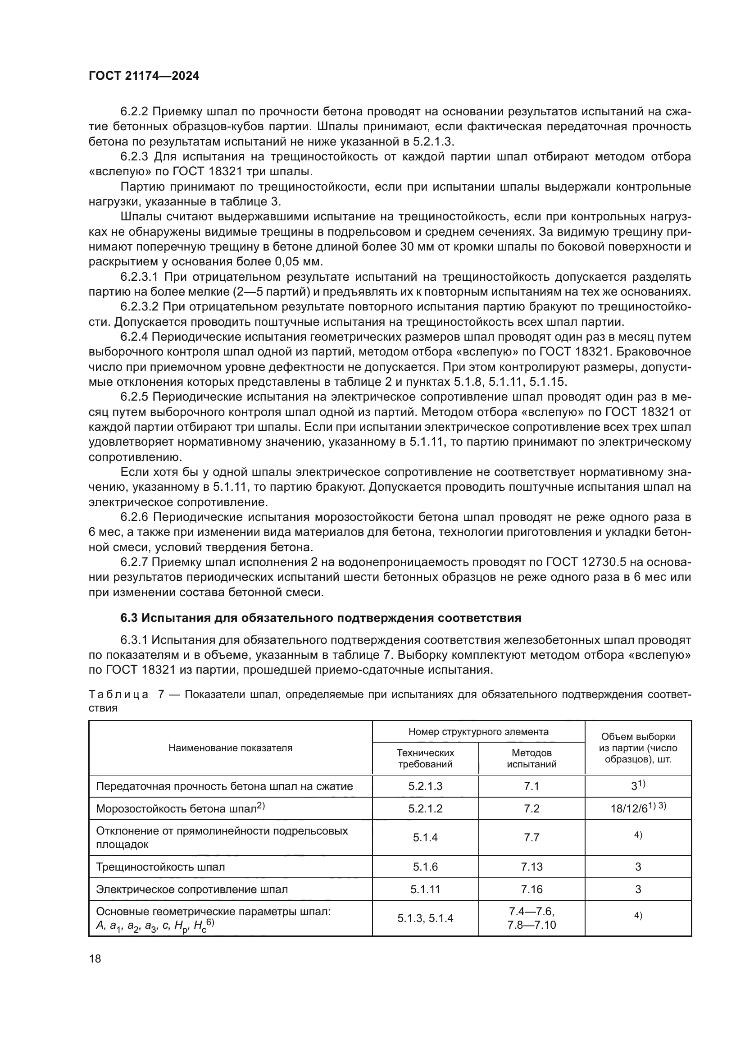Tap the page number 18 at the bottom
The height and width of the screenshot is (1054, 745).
tap(95, 959)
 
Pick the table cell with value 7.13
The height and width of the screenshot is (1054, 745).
tap(531, 867)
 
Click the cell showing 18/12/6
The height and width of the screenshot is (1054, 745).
tap(638, 808)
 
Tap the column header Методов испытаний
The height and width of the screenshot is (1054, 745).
tap(531, 758)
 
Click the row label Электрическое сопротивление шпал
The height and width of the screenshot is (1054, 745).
tap(192, 889)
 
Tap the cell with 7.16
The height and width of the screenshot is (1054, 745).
tap(531, 889)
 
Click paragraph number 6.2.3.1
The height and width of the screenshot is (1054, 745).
tap(139, 277)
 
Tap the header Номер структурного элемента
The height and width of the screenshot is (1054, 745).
tap(478, 732)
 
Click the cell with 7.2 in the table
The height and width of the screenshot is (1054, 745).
tap(531, 808)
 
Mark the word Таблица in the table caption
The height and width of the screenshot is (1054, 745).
tap(118, 694)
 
